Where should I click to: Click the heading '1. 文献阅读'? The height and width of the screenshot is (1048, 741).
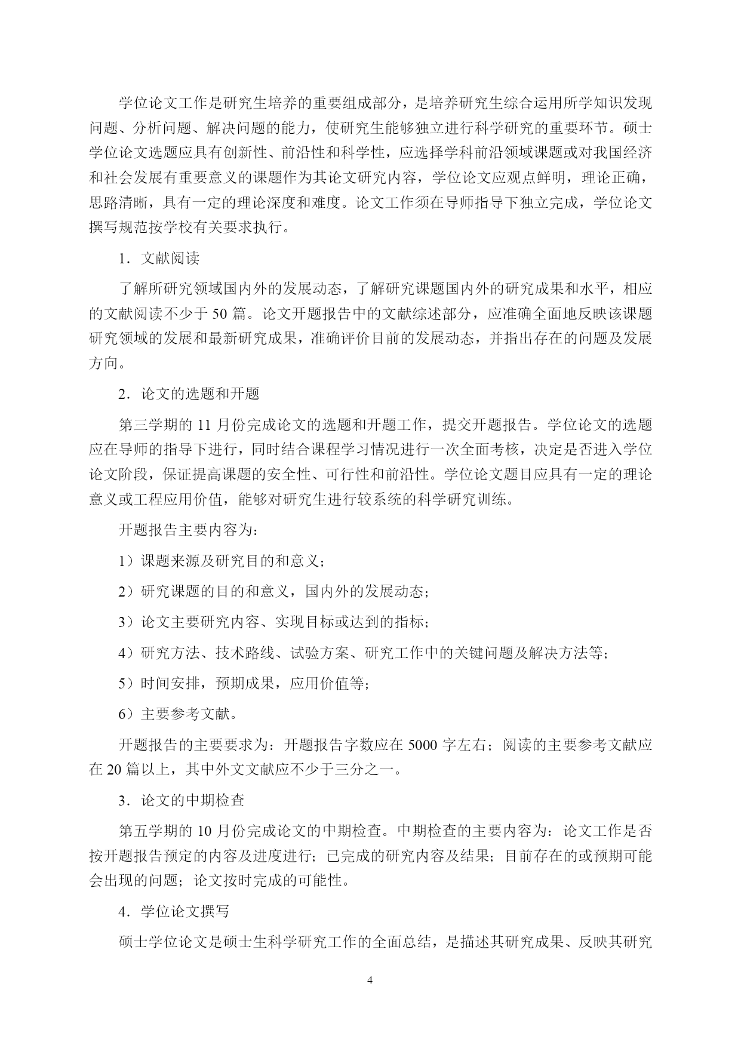tap(159, 258)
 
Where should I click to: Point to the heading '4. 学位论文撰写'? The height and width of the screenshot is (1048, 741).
tap(174, 912)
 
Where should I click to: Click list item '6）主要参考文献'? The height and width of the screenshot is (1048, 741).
tap(178, 714)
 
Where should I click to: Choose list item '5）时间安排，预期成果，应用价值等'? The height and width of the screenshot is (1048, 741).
tap(244, 683)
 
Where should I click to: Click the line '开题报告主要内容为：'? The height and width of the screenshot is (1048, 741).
tap(189, 530)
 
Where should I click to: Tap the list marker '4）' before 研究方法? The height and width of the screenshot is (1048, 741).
tap(128, 653)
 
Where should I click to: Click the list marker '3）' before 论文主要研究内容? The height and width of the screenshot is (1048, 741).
tap(128, 622)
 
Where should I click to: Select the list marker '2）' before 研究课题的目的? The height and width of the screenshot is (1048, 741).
tap(128, 591)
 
